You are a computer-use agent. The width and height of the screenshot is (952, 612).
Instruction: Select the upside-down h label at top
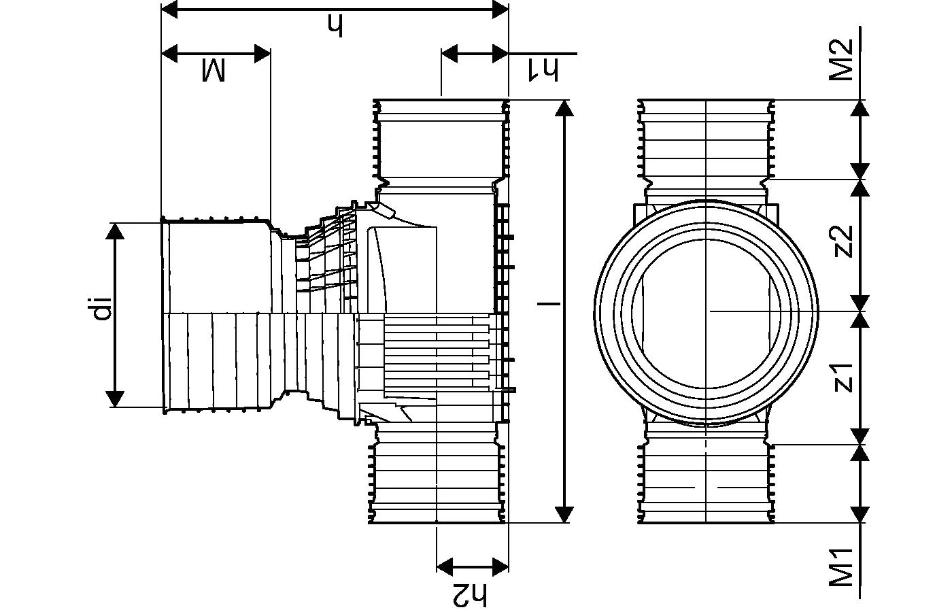(335, 26)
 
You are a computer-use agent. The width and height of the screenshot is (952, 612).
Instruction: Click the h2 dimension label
(470, 594)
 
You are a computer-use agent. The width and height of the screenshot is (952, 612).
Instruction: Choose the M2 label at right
(842, 60)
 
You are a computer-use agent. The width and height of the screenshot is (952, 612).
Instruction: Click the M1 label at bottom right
(842, 567)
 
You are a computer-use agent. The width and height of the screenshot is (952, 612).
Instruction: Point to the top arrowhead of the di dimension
(116, 231)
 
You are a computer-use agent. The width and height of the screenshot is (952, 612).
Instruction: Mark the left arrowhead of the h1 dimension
(450, 53)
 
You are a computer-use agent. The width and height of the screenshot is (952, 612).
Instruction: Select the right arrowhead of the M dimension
(262, 53)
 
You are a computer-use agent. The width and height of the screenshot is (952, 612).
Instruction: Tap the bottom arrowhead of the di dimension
(116, 398)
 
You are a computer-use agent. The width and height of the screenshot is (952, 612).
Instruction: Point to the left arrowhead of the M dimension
(169, 53)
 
